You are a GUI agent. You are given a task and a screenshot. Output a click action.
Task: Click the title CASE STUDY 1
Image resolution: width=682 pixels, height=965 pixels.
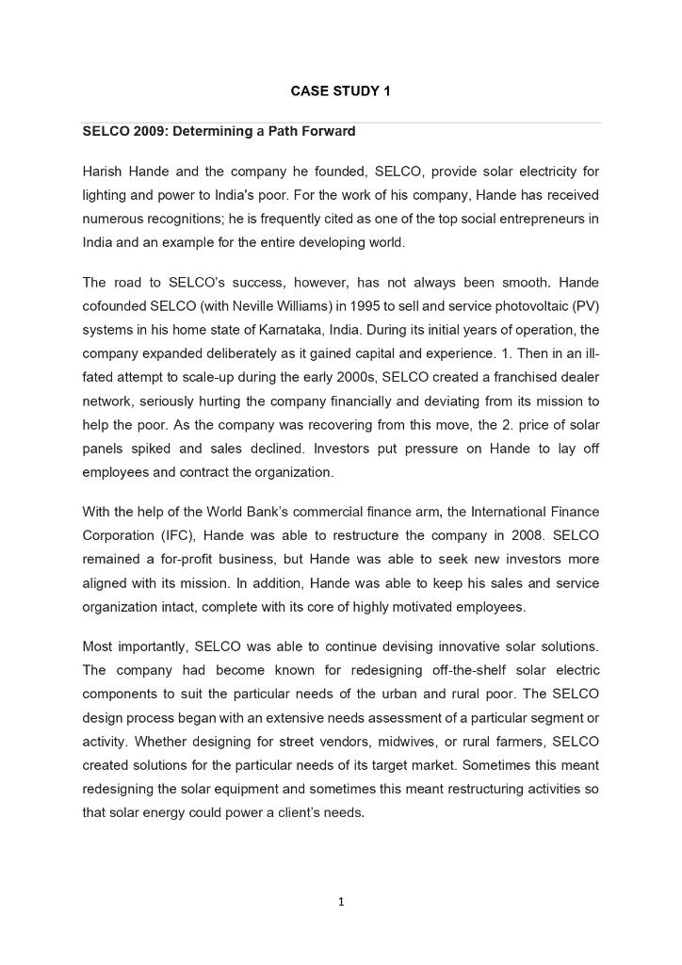tap(340, 91)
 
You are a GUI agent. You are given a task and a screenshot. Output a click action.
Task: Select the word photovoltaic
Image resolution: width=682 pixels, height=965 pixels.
tap(521, 306)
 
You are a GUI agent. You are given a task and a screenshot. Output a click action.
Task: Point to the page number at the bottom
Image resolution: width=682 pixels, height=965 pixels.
tap(341, 902)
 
